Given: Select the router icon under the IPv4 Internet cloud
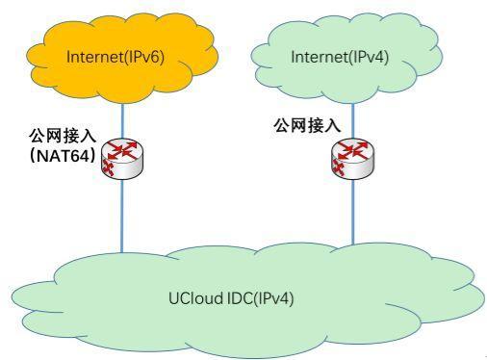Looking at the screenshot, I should click(x=352, y=158).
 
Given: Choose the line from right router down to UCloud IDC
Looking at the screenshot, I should click(x=352, y=212).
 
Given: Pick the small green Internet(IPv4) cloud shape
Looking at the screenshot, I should click(x=337, y=82).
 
